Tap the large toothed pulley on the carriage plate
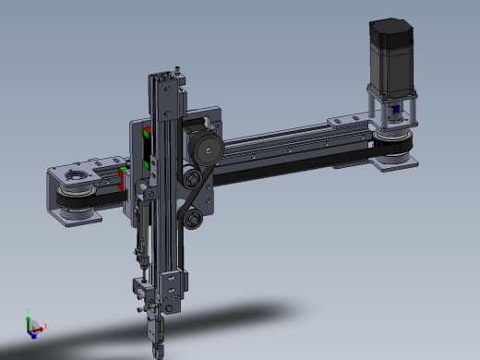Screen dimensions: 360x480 [x=206, y=147]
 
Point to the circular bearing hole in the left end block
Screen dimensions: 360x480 [x=75, y=176]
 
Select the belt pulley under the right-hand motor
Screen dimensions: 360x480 [x=393, y=138]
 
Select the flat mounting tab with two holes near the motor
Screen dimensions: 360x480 [x=346, y=120]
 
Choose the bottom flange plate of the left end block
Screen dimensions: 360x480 [x=76, y=218]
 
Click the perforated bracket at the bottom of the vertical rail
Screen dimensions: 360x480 [x=174, y=282]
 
